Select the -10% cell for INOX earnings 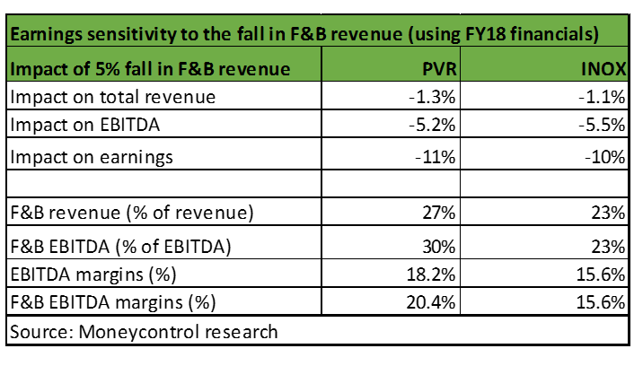coord(603,157)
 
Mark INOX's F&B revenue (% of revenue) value coord(607,213)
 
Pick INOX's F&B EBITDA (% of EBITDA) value coord(607,244)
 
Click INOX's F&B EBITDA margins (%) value coord(600,301)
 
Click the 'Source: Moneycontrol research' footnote coord(144,331)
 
